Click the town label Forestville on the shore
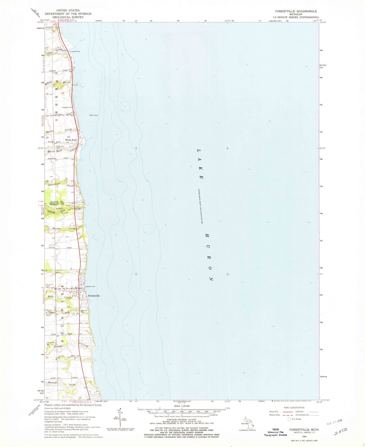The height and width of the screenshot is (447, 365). point(94,296)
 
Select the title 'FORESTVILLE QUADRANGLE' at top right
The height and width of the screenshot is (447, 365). point(296,11)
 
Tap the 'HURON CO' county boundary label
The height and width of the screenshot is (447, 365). point(57,202)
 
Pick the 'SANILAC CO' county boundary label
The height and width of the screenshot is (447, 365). point(57,204)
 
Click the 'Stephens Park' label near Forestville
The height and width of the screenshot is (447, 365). point(91,286)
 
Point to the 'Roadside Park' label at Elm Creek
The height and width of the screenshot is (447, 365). point(75,52)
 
